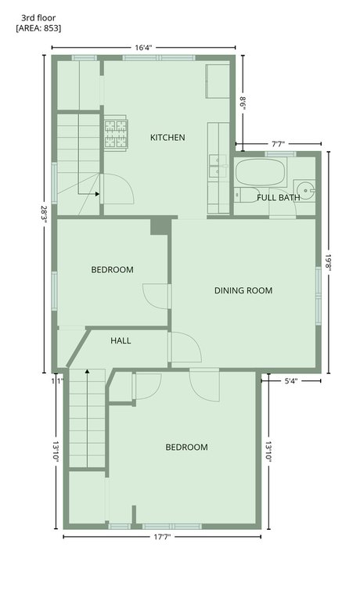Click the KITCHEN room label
(x=167, y=137)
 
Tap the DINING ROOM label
(x=243, y=290)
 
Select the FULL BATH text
(x=279, y=198)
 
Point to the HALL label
(x=121, y=340)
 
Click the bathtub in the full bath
(x=261, y=172)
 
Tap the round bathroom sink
(x=305, y=190)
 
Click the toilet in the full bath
(x=247, y=195)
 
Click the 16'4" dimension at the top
(x=143, y=48)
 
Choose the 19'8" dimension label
(x=329, y=262)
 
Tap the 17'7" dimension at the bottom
(x=162, y=537)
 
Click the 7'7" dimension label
(x=279, y=144)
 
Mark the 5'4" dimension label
(x=291, y=381)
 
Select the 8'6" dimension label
(x=243, y=103)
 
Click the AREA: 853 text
(x=38, y=28)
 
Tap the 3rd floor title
(x=38, y=18)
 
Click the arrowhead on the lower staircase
(x=88, y=372)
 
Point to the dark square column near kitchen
(x=160, y=226)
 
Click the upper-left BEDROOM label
(x=113, y=270)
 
